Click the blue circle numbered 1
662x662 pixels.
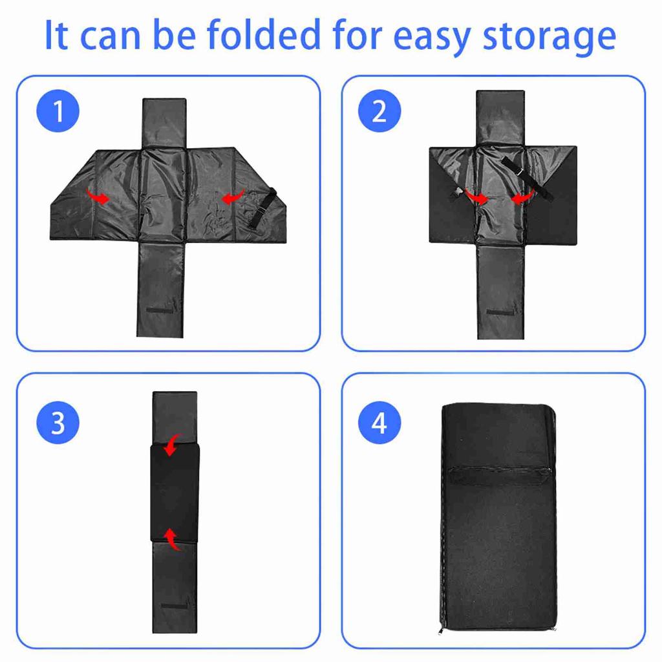[x=59, y=111]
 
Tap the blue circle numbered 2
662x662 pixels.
[x=379, y=111]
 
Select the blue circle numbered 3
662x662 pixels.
[x=59, y=423]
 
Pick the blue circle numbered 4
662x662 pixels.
[x=379, y=423]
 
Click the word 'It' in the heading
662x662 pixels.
[x=56, y=36]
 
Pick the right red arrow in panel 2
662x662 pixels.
[x=524, y=197]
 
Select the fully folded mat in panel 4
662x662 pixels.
[x=498, y=517]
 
